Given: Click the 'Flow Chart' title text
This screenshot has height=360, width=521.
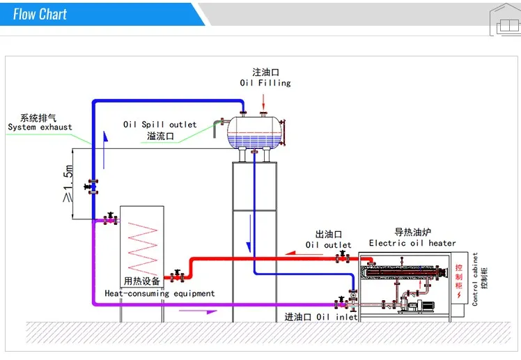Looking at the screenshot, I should [40, 14].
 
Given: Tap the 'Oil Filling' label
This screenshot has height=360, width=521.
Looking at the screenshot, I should [265, 83].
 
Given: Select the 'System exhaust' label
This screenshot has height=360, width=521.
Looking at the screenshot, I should [40, 127].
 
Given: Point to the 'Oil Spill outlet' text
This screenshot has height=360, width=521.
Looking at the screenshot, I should [160, 125].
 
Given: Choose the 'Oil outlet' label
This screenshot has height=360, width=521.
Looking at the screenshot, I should [328, 245].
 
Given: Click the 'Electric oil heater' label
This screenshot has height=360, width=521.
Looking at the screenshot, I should [412, 243].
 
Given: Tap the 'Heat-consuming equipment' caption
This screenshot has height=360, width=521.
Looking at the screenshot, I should [160, 293].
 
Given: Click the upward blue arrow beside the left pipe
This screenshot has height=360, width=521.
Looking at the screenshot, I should [104, 149].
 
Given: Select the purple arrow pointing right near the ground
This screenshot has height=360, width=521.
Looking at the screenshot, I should [198, 311].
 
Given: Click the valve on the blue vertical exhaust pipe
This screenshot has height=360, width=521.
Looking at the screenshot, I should [92, 187].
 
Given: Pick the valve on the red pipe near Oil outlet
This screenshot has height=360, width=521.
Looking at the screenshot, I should [342, 258].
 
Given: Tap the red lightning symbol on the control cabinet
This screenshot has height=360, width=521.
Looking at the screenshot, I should [458, 294].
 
